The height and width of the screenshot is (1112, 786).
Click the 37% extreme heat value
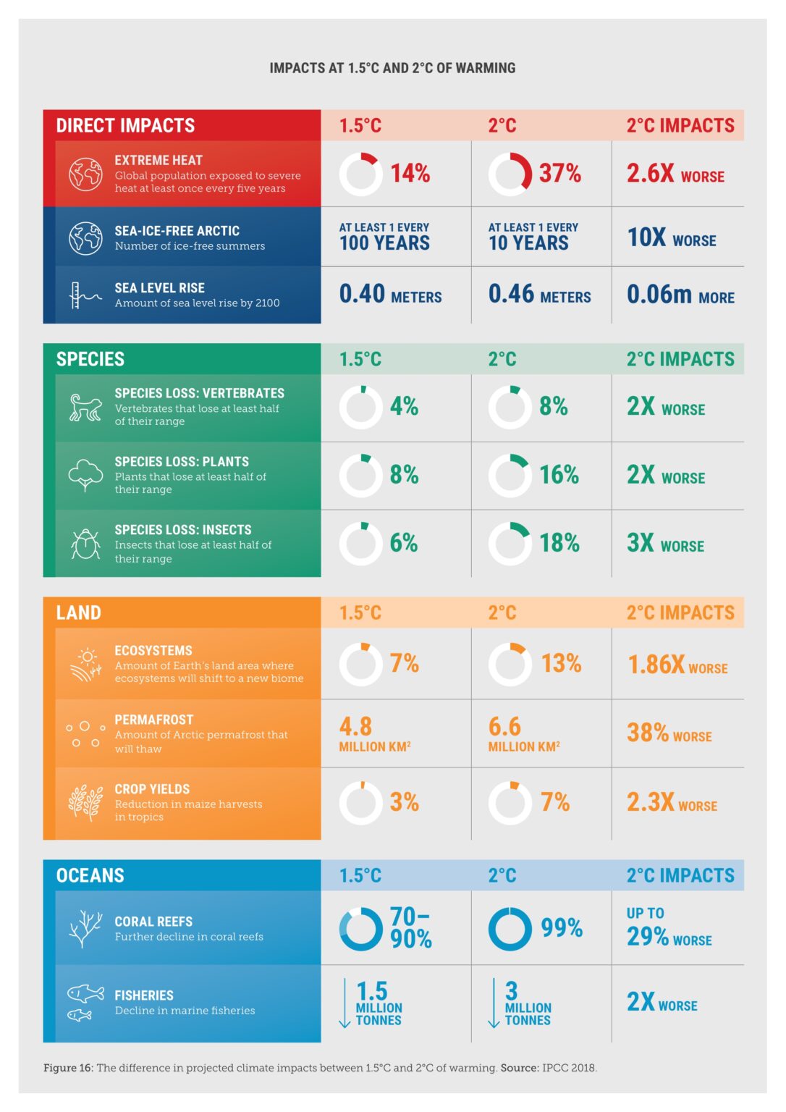(559, 173)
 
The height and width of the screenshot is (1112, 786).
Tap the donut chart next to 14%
(360, 174)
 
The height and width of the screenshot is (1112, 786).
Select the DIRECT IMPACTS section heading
(125, 125)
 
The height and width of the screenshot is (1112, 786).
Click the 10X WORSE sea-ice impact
(671, 237)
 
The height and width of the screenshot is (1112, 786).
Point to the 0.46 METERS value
(539, 294)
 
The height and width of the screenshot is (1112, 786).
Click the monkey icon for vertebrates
(85, 408)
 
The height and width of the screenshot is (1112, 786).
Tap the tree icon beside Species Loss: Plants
(85, 476)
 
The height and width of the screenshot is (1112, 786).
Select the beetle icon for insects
(85, 544)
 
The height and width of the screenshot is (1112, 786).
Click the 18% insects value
(559, 543)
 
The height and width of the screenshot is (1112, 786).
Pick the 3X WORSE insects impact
(664, 543)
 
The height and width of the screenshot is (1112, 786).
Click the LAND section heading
(78, 612)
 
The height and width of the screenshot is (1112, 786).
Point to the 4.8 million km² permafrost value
(374, 733)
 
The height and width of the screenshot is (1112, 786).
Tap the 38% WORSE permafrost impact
(669, 733)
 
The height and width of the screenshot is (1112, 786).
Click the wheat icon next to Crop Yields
(85, 803)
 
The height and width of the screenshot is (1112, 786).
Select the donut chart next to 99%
(510, 929)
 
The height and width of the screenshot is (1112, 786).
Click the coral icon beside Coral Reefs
(85, 929)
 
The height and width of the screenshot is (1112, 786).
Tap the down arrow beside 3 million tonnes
(494, 1003)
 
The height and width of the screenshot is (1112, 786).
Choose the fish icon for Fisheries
(84, 1002)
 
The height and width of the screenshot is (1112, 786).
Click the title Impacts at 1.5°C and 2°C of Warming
(392, 68)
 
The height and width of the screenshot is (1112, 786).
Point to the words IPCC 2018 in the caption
(569, 1068)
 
